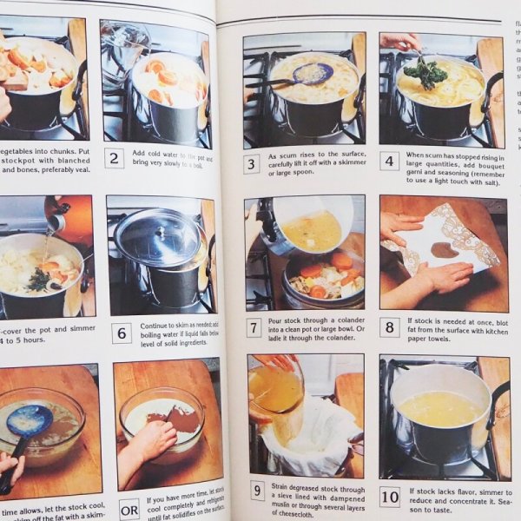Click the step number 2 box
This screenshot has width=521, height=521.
coord(113,158)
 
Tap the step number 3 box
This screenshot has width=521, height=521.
coord(251,164)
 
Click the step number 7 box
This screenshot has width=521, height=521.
coord(253,327)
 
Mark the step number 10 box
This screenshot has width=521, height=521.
coord(390,497)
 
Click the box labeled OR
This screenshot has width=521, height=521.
coord(129,510)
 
